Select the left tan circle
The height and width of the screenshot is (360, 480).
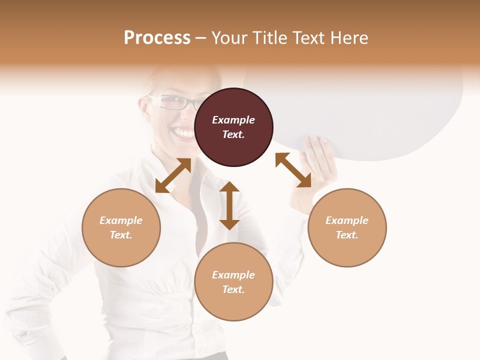point(121,227)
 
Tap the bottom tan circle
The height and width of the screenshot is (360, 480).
point(233,282)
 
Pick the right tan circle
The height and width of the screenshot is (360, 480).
point(347,227)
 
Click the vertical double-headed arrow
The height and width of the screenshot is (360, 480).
point(229,205)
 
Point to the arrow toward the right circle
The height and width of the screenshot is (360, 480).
point(293,170)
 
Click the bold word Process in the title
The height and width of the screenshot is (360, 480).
point(157,37)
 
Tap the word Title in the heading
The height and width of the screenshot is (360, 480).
point(270,37)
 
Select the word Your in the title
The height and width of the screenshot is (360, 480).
point(230,37)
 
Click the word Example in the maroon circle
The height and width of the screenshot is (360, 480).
point(233,120)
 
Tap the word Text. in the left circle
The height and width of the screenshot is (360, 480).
point(121,235)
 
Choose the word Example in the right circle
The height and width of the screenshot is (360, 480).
point(347,220)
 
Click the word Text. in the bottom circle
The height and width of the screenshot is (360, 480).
point(233,289)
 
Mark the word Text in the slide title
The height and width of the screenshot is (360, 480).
point(308,37)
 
